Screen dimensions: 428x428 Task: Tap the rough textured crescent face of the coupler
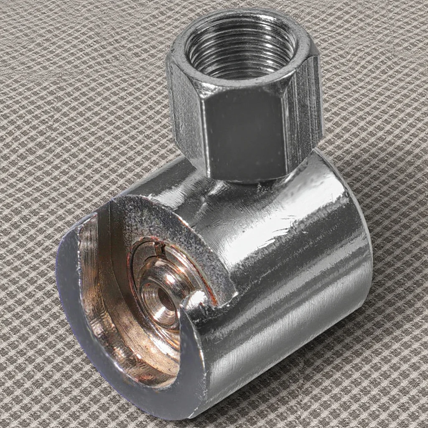(x=176, y=226)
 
